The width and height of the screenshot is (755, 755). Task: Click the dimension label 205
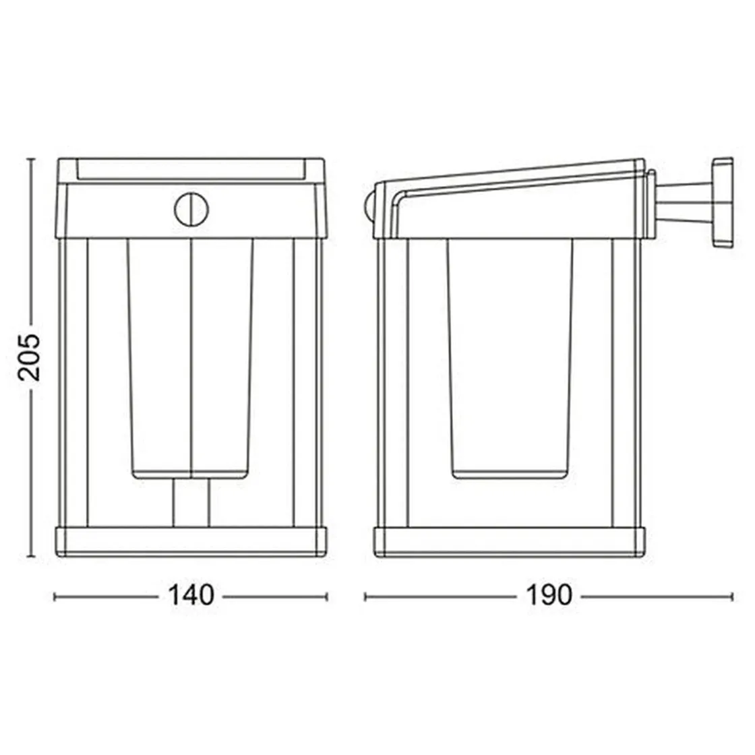(30, 357)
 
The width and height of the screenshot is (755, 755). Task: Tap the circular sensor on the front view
(191, 210)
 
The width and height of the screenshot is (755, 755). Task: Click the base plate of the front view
(191, 543)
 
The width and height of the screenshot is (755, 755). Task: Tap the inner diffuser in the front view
(191, 357)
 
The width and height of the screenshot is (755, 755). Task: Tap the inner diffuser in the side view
(510, 357)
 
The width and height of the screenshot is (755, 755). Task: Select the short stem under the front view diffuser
(191, 503)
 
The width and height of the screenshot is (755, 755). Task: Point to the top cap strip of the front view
(191, 169)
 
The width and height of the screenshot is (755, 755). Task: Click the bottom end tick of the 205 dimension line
(30, 557)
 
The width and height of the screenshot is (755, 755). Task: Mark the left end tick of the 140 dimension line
(55, 596)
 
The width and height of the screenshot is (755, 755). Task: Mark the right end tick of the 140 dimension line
(327, 596)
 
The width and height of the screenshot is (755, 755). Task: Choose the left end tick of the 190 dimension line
(365, 596)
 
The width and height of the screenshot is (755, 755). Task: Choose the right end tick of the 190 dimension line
(732, 596)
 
